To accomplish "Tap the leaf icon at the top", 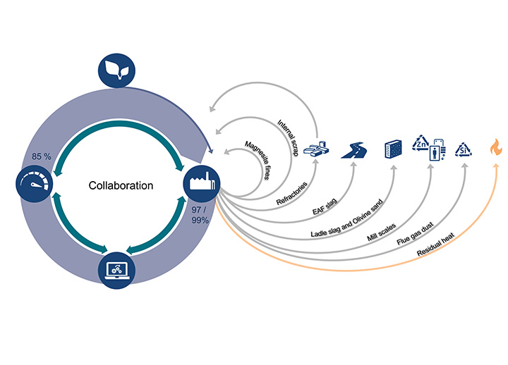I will click(115, 68).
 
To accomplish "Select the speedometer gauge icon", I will click(33, 186).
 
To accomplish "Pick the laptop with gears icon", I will click(115, 269).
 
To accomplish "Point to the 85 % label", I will click(42, 156).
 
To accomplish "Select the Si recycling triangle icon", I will click(464, 149).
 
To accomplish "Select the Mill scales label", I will click(382, 227).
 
